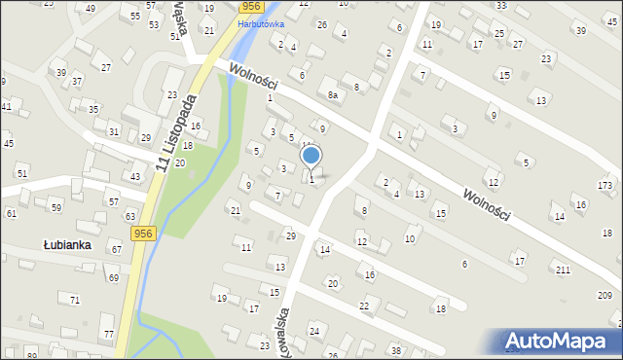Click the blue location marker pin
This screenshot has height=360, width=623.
[311, 156]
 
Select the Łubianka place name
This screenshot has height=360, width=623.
[66, 245]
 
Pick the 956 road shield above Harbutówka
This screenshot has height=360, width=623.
[250, 7]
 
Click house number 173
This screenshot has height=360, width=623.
[605, 185]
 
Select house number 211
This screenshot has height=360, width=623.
[562, 269]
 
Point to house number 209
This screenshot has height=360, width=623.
[605, 295]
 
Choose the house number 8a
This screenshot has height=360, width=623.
[332, 95]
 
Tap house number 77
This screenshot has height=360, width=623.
[108, 335]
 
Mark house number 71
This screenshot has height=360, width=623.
[75, 300]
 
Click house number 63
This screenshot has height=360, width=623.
[129, 216]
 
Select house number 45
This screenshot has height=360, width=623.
[9, 144]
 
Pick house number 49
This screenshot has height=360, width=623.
[91, 8]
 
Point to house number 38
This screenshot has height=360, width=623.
[395, 349]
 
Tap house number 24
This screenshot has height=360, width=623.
[314, 332]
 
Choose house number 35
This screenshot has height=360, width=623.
[93, 109]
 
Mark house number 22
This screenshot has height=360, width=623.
[364, 306]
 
